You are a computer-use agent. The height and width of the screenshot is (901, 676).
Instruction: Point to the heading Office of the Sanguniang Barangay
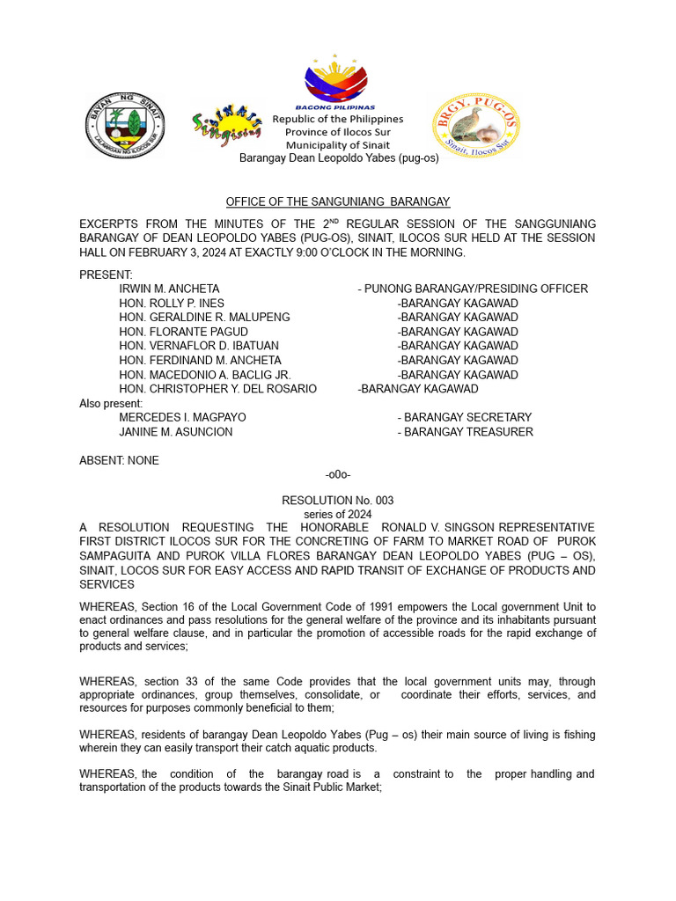click(337, 202)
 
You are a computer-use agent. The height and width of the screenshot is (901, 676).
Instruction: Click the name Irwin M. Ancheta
click(169, 289)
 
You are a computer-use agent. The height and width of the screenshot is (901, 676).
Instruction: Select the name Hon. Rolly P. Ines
click(172, 304)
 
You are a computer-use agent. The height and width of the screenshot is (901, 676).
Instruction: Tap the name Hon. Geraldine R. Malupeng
click(204, 318)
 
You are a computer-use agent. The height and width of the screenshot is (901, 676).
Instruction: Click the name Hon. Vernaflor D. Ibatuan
click(199, 346)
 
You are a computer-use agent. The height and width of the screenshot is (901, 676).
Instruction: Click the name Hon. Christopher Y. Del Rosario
click(217, 389)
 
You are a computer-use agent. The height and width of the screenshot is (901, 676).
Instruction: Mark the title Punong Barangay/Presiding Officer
click(473, 289)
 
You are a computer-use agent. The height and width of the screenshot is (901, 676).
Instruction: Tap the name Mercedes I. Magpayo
click(182, 417)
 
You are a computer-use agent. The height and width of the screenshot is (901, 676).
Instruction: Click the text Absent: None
click(119, 460)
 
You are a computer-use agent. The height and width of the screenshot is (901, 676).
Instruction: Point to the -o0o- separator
click(338, 475)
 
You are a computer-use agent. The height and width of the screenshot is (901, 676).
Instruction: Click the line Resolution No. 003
click(337, 501)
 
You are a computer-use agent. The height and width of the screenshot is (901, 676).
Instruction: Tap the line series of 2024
click(337, 514)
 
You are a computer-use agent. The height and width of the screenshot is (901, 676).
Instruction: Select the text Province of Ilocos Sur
click(337, 132)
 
